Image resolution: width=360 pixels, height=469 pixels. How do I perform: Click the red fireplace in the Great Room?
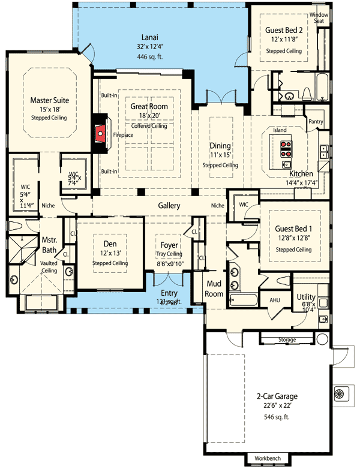(100, 134)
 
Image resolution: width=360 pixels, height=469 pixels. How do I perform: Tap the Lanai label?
(149, 36)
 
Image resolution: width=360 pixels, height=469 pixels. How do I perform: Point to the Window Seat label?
(317, 17)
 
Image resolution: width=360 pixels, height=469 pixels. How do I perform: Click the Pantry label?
(316, 122)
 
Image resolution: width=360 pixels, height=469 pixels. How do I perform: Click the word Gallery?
(169, 206)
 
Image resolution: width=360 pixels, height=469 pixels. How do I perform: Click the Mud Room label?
(215, 289)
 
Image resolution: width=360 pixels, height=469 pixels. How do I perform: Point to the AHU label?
(275, 300)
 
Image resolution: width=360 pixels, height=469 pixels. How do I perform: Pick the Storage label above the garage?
(287, 340)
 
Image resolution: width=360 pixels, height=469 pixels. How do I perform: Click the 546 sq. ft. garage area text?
(272, 415)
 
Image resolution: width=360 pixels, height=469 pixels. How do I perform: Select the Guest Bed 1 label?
(293, 229)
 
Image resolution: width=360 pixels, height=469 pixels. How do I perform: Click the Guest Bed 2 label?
(283, 29)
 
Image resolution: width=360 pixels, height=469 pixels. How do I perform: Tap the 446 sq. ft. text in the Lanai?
(149, 58)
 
